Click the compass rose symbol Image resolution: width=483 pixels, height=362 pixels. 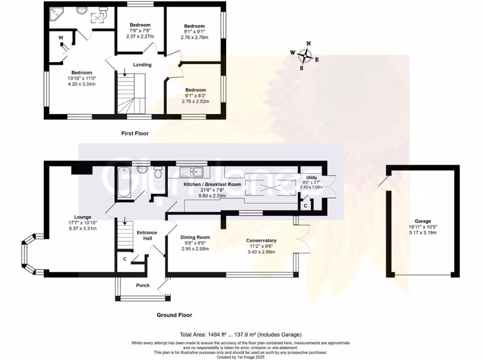(x=306, y=55)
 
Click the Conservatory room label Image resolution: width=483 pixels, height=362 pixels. (x=261, y=240)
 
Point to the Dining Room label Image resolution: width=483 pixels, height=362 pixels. (x=195, y=237)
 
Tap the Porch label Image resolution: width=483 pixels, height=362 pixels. (x=142, y=285)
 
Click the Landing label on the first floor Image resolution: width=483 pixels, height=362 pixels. (x=142, y=65)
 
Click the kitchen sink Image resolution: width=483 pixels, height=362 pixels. (x=194, y=171)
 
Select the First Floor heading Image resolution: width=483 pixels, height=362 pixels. (x=134, y=133)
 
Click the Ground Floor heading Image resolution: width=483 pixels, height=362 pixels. (x=175, y=315)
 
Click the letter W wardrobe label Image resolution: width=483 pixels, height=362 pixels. (x=61, y=38)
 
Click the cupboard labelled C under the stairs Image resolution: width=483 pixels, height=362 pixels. (x=125, y=259)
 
